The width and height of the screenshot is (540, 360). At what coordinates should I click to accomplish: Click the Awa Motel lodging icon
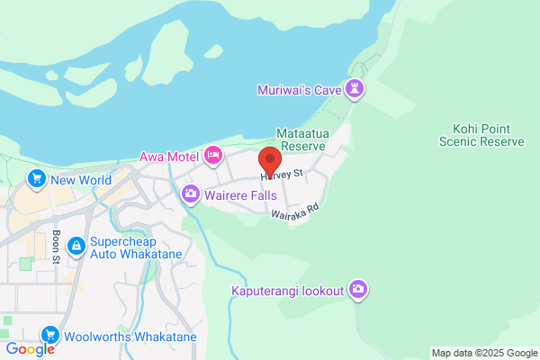point(214,156)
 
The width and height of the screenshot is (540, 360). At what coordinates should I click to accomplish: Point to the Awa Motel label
point(168,157)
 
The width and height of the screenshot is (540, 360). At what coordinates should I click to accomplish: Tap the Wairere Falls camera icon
point(191,193)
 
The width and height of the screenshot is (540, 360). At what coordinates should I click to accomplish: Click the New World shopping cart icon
point(37,179)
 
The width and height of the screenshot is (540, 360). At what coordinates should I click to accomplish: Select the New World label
point(81,180)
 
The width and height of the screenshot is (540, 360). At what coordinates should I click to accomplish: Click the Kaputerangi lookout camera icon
point(358,290)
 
